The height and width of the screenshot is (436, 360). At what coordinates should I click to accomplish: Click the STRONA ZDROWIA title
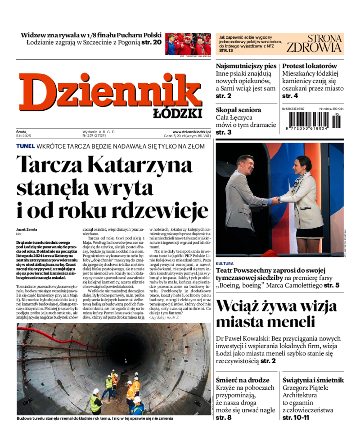click(315, 44)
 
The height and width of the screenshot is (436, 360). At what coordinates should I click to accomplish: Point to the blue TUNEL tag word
click(25, 146)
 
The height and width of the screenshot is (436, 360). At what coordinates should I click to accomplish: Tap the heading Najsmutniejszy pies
click(245, 66)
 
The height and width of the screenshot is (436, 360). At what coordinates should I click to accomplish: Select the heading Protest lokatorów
click(310, 66)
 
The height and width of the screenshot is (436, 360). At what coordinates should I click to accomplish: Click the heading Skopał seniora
click(238, 110)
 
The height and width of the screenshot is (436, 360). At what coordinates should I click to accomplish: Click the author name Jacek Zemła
click(27, 229)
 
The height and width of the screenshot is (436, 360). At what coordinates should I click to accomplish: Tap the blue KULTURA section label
click(225, 263)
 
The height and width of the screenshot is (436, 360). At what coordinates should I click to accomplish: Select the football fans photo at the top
click(188, 44)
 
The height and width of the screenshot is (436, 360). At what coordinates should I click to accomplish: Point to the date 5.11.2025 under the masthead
click(23, 135)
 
